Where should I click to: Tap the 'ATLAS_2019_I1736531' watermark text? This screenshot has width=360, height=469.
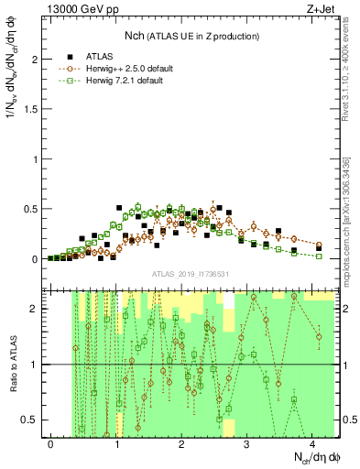[190, 274]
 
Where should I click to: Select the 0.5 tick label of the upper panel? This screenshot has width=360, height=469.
[30, 209]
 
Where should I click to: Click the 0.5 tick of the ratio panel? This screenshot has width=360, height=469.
[30, 420]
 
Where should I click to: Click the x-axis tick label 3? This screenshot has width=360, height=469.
[247, 443]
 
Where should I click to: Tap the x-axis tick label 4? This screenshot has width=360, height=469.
[312, 443]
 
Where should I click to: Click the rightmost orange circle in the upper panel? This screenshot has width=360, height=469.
[319, 245]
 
